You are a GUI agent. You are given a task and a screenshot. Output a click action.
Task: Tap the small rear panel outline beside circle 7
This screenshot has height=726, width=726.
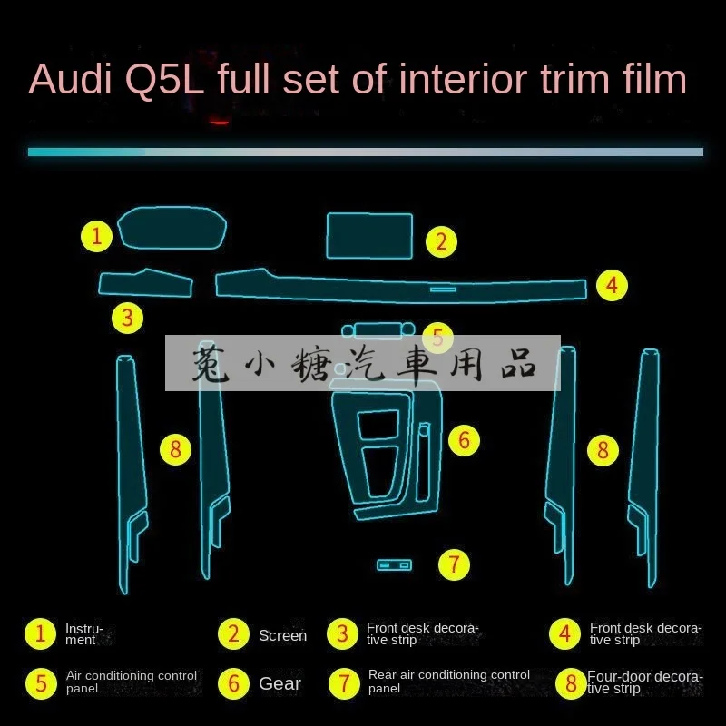tap(394, 565)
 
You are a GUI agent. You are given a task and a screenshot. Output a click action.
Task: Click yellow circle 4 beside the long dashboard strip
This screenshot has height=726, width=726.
tap(613, 286)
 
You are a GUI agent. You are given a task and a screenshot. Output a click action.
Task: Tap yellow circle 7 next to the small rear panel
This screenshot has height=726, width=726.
tap(454, 564)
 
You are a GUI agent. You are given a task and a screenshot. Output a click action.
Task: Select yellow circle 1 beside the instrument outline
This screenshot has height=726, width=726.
tap(97, 237)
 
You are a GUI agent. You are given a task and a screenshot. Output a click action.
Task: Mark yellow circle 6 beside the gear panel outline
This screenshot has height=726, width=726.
tap(463, 441)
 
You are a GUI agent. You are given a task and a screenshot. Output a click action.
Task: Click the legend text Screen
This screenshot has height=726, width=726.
tap(282, 635)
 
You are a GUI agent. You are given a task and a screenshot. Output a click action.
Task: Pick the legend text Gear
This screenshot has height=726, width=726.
tap(280, 683)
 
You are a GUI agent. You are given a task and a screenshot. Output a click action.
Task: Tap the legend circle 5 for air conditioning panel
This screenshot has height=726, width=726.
tap(41, 682)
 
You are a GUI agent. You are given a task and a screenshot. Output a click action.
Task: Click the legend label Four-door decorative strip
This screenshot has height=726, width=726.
tap(644, 682)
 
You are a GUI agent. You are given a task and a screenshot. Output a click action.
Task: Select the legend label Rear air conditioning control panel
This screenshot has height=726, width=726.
tap(449, 682)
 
